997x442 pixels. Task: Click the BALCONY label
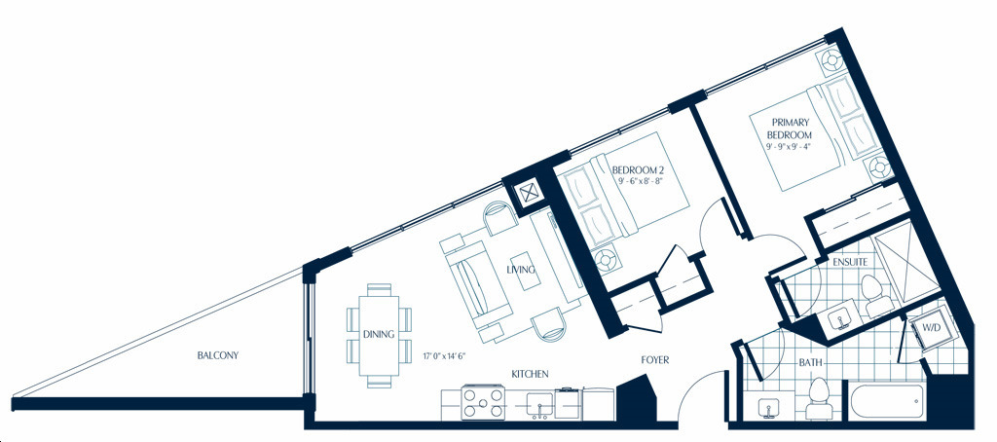pos(217,355)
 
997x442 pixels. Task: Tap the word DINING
pos(379,334)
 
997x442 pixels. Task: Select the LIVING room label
pos(521,270)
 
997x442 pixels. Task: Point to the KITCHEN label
pos(530,374)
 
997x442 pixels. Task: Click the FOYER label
pos(655,360)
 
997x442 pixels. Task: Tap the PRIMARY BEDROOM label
pos(789,129)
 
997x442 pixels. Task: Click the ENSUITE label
pos(850,261)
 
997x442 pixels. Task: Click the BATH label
pos(810,363)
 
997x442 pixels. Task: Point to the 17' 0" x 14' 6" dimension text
pos(445,356)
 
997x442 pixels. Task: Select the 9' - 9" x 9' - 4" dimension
pos(789,146)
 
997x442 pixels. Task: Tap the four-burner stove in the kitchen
pos(483,402)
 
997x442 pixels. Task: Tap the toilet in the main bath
pos(818,398)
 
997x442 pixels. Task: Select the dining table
pos(380,335)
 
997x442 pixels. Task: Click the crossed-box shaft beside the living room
pos(528,193)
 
